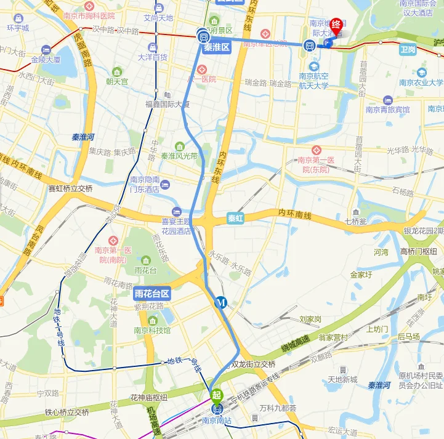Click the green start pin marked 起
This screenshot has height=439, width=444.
click(x=217, y=395)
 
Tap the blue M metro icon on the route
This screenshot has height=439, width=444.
click(x=221, y=302)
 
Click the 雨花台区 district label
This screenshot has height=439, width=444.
click(x=152, y=293)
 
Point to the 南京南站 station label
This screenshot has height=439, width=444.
click(x=217, y=421)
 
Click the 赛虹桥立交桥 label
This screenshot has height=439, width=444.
click(x=70, y=189)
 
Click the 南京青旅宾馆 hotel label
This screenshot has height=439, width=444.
click(x=387, y=110)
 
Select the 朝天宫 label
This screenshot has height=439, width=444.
click(x=116, y=81)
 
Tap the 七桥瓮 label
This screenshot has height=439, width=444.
click(x=355, y=220)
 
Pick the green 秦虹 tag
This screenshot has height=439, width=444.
click(x=236, y=218)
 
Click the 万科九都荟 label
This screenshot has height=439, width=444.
click(x=278, y=408)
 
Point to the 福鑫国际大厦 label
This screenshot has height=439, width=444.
click(x=168, y=104)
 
